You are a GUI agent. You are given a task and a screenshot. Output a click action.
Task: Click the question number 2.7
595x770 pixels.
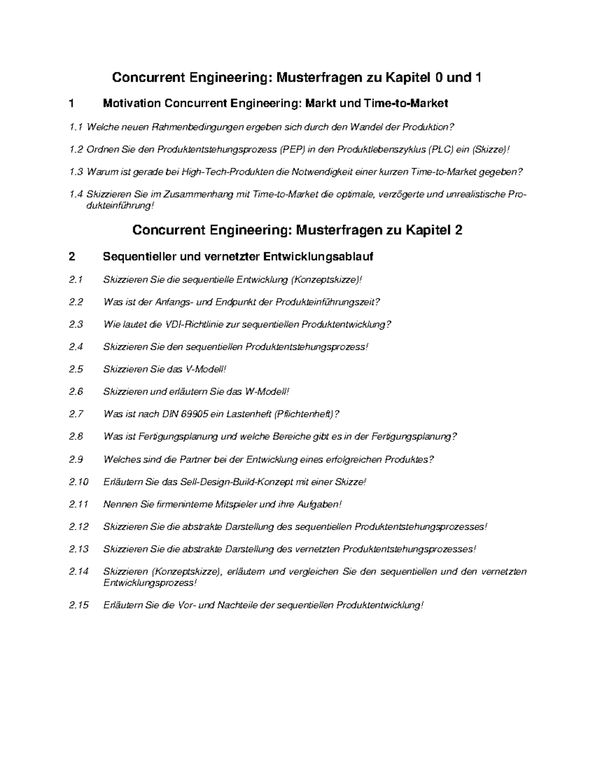coord(76,414)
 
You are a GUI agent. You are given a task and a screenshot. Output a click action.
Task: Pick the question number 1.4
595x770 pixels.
coord(76,194)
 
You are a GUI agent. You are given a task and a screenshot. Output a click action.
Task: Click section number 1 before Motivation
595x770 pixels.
coord(72,104)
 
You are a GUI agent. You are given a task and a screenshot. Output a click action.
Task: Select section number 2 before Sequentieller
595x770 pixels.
coord(72,257)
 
